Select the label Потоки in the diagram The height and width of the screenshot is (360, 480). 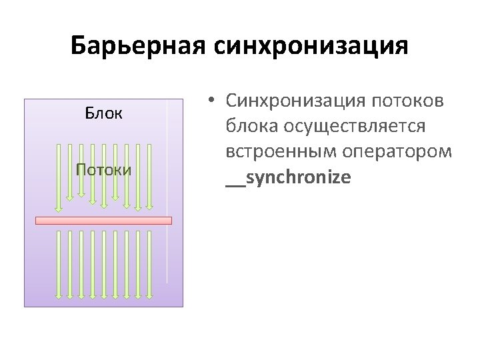point(103,169)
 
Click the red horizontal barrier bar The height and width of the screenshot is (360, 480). point(103,221)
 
